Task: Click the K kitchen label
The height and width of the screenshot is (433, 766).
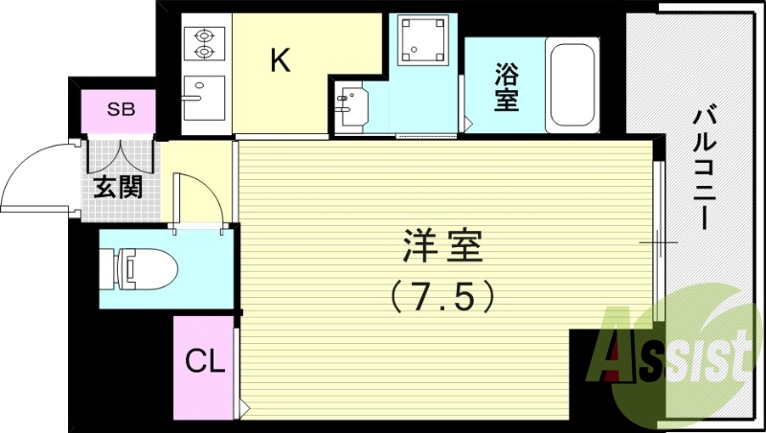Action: click(x=280, y=61)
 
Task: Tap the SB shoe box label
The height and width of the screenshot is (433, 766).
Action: click(x=121, y=109)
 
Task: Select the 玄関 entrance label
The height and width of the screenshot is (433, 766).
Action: click(x=118, y=186)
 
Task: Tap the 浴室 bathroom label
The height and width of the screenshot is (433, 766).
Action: click(x=507, y=86)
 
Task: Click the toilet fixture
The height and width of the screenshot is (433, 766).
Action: click(x=141, y=267)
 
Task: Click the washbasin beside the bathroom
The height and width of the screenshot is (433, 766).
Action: click(x=353, y=103)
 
